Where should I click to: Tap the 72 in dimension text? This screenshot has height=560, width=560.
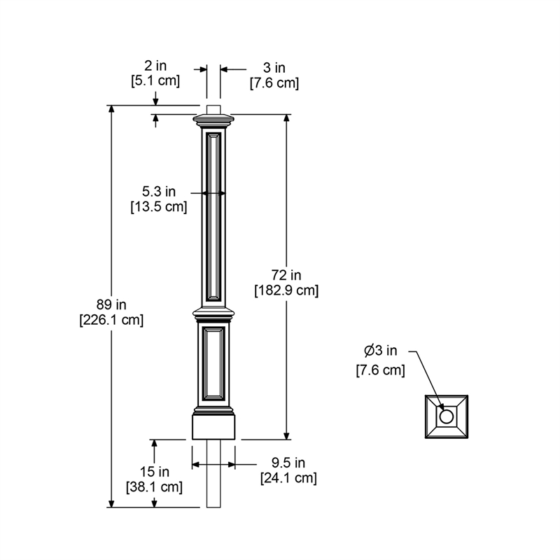286,274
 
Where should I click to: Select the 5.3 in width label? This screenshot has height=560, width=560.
159,191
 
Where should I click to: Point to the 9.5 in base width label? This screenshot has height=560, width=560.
288,463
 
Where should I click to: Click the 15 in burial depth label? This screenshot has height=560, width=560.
154,471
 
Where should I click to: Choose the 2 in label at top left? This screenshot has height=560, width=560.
155,66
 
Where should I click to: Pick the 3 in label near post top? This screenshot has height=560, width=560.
274,68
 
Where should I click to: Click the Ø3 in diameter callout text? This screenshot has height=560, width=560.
380,351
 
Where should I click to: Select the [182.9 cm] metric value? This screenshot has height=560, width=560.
286,290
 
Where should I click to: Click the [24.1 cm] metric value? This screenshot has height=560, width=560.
288,478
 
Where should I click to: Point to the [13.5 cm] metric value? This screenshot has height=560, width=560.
159,206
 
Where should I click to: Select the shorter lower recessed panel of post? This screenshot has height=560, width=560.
213,365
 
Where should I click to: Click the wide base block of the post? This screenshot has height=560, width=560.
213,426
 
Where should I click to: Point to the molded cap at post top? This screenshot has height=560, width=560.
213,120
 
